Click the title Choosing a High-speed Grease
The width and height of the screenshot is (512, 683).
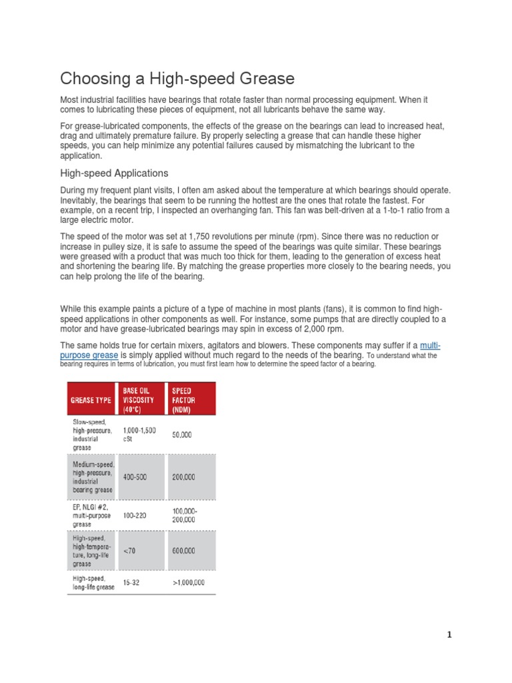(177, 79)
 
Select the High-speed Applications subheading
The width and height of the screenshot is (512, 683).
(114, 173)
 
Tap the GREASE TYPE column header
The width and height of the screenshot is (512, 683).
(91, 400)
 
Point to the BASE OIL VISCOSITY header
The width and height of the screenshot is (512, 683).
(138, 400)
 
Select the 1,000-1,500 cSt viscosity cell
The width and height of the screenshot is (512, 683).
(139, 435)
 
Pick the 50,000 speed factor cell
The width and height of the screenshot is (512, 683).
(182, 435)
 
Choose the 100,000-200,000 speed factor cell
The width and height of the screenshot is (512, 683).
(185, 515)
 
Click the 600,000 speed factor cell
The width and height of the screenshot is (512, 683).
(184, 551)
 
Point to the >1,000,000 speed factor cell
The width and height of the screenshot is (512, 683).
(189, 582)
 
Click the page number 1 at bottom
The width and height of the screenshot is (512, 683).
(449, 635)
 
